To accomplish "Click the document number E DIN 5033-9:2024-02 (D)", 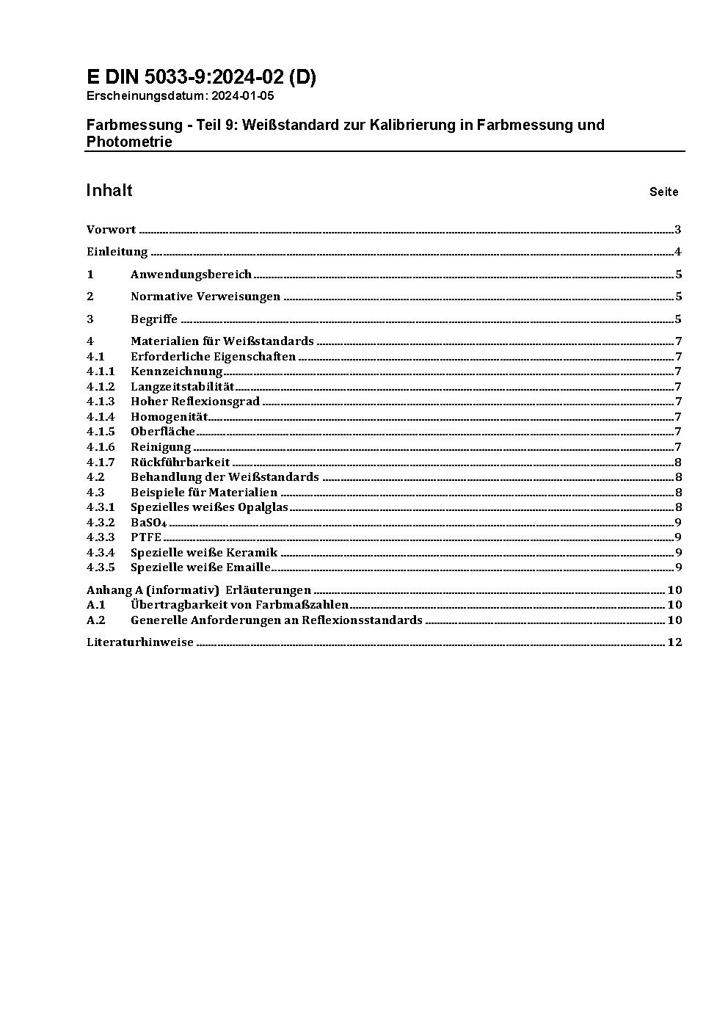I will [x=201, y=77].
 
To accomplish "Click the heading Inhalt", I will [x=109, y=191].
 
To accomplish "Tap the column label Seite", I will [x=663, y=192].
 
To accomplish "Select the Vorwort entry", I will [x=111, y=230].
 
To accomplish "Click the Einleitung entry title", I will [x=117, y=252].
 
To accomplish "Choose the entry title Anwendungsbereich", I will [x=191, y=275].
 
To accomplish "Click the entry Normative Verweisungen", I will [x=205, y=297].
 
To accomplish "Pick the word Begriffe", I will [x=154, y=319].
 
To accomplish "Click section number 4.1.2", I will [x=101, y=387].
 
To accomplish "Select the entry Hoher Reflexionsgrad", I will [x=195, y=402].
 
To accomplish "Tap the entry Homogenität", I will [x=170, y=417].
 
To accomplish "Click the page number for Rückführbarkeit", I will [x=678, y=463].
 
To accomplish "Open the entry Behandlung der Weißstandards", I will [x=225, y=477].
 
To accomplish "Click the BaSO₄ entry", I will [x=149, y=523].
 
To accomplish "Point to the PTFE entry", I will [x=146, y=537].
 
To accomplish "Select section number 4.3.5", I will [x=101, y=567].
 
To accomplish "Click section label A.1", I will [x=96, y=605].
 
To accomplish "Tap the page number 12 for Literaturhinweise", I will [x=674, y=642].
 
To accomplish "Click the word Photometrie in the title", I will [x=129, y=142].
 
